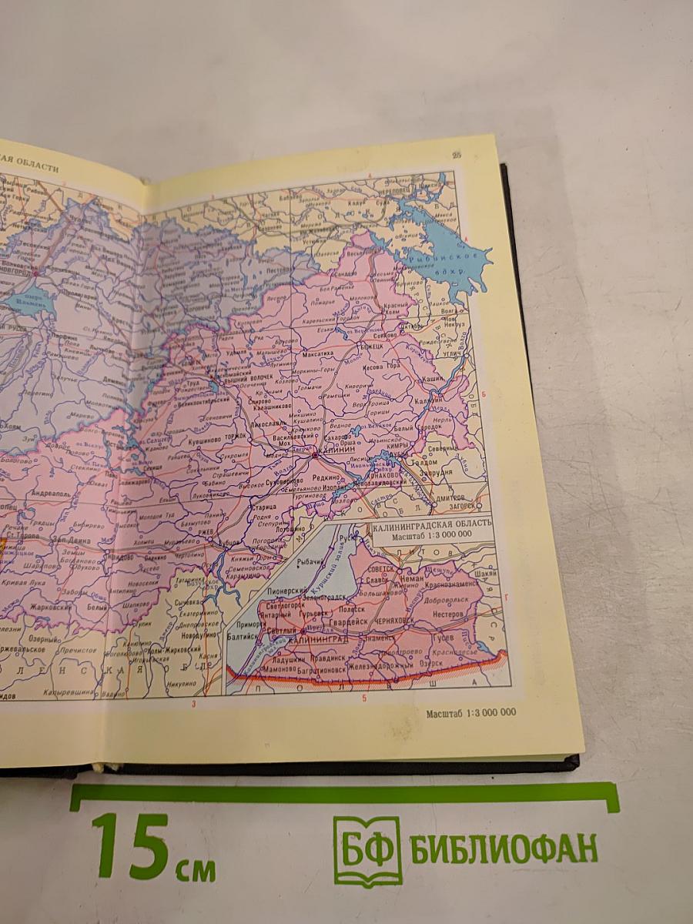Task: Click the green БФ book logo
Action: coord(367,852)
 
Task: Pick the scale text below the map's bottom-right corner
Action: coord(470,713)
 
